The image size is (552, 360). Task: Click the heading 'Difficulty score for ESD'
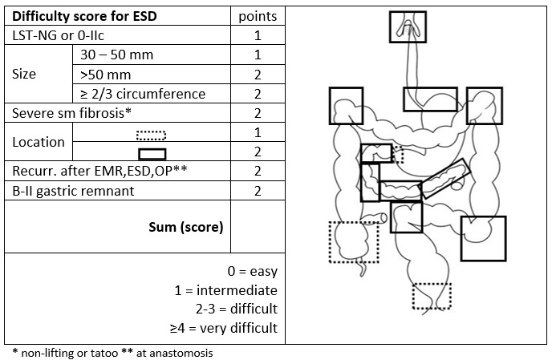pos(77,16)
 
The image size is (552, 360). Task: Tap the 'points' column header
pos(258,16)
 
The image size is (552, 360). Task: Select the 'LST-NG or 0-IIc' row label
pos(55,36)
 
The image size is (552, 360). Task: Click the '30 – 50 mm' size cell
pos(117,55)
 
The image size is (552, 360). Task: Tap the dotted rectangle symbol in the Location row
pos(152,133)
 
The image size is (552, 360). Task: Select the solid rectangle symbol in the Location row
pos(152,153)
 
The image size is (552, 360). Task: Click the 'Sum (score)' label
pos(186,226)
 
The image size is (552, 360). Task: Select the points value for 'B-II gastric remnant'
pos(258,191)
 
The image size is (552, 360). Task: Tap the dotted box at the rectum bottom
pos(432,297)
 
